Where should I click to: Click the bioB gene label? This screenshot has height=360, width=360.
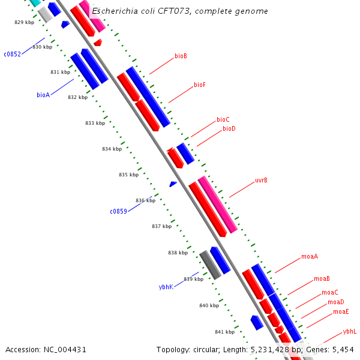tap(181, 56)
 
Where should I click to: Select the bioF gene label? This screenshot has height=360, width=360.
tap(200, 85)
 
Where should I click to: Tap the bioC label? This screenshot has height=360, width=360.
tap(223, 120)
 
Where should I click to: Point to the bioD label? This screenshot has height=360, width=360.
tap(229, 128)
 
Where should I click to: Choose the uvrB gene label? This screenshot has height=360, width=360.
tap(261, 180)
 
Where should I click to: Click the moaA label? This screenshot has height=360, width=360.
tap(310, 257)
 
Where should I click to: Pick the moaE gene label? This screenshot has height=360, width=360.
tap(341, 312)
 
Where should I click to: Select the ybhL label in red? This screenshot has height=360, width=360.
tap(350, 331)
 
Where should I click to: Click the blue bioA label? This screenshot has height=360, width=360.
tap(43, 95)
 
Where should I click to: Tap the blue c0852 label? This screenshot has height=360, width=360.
tap(13, 54)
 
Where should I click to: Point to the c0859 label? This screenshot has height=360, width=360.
tap(118, 211)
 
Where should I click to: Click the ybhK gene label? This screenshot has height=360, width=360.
tap(166, 287)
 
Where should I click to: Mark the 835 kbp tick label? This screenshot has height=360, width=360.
tap(128, 175)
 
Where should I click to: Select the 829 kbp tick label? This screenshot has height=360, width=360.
tap(25, 22)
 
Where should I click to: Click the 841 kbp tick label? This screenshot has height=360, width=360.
tap(224, 332)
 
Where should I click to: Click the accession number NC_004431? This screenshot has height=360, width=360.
tap(46, 349)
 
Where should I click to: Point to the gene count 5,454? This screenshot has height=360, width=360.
tap(343, 349)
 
